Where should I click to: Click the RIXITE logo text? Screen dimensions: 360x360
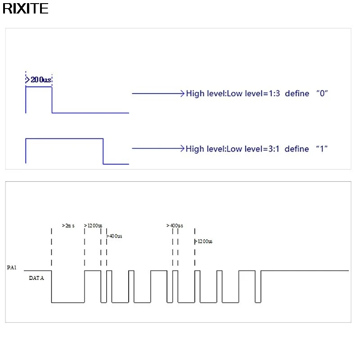pos(25,9)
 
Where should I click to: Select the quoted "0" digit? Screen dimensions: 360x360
pos(321,94)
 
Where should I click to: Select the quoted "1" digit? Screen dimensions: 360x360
pos(321,148)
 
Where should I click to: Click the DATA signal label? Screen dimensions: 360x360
pos(36,278)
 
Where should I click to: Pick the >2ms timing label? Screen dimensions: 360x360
pos(68,225)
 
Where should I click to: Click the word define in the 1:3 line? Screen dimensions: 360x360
pos(297,94)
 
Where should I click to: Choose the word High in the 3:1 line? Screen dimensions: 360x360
pos(194,148)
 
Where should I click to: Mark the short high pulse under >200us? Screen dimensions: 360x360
pos(39,87)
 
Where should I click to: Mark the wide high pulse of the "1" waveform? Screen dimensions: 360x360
pos(64,139)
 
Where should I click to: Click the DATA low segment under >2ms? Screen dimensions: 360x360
pos(68,302)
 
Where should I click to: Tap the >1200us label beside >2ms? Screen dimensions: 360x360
pos(93,225)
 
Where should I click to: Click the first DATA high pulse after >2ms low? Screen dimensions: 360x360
pos(93,271)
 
